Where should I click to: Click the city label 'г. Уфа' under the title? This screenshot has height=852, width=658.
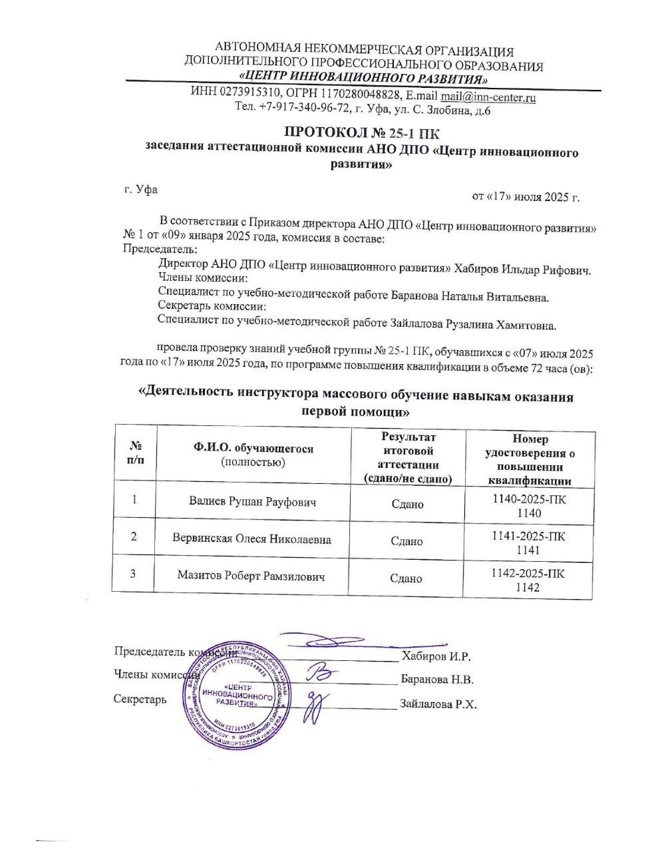141,189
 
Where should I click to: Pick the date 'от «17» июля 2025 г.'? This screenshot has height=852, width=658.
526,196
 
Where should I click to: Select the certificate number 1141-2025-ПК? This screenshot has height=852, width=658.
529,536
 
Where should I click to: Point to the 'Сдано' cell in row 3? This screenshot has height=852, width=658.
407,578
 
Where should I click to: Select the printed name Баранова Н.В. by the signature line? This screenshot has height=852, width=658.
436,680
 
